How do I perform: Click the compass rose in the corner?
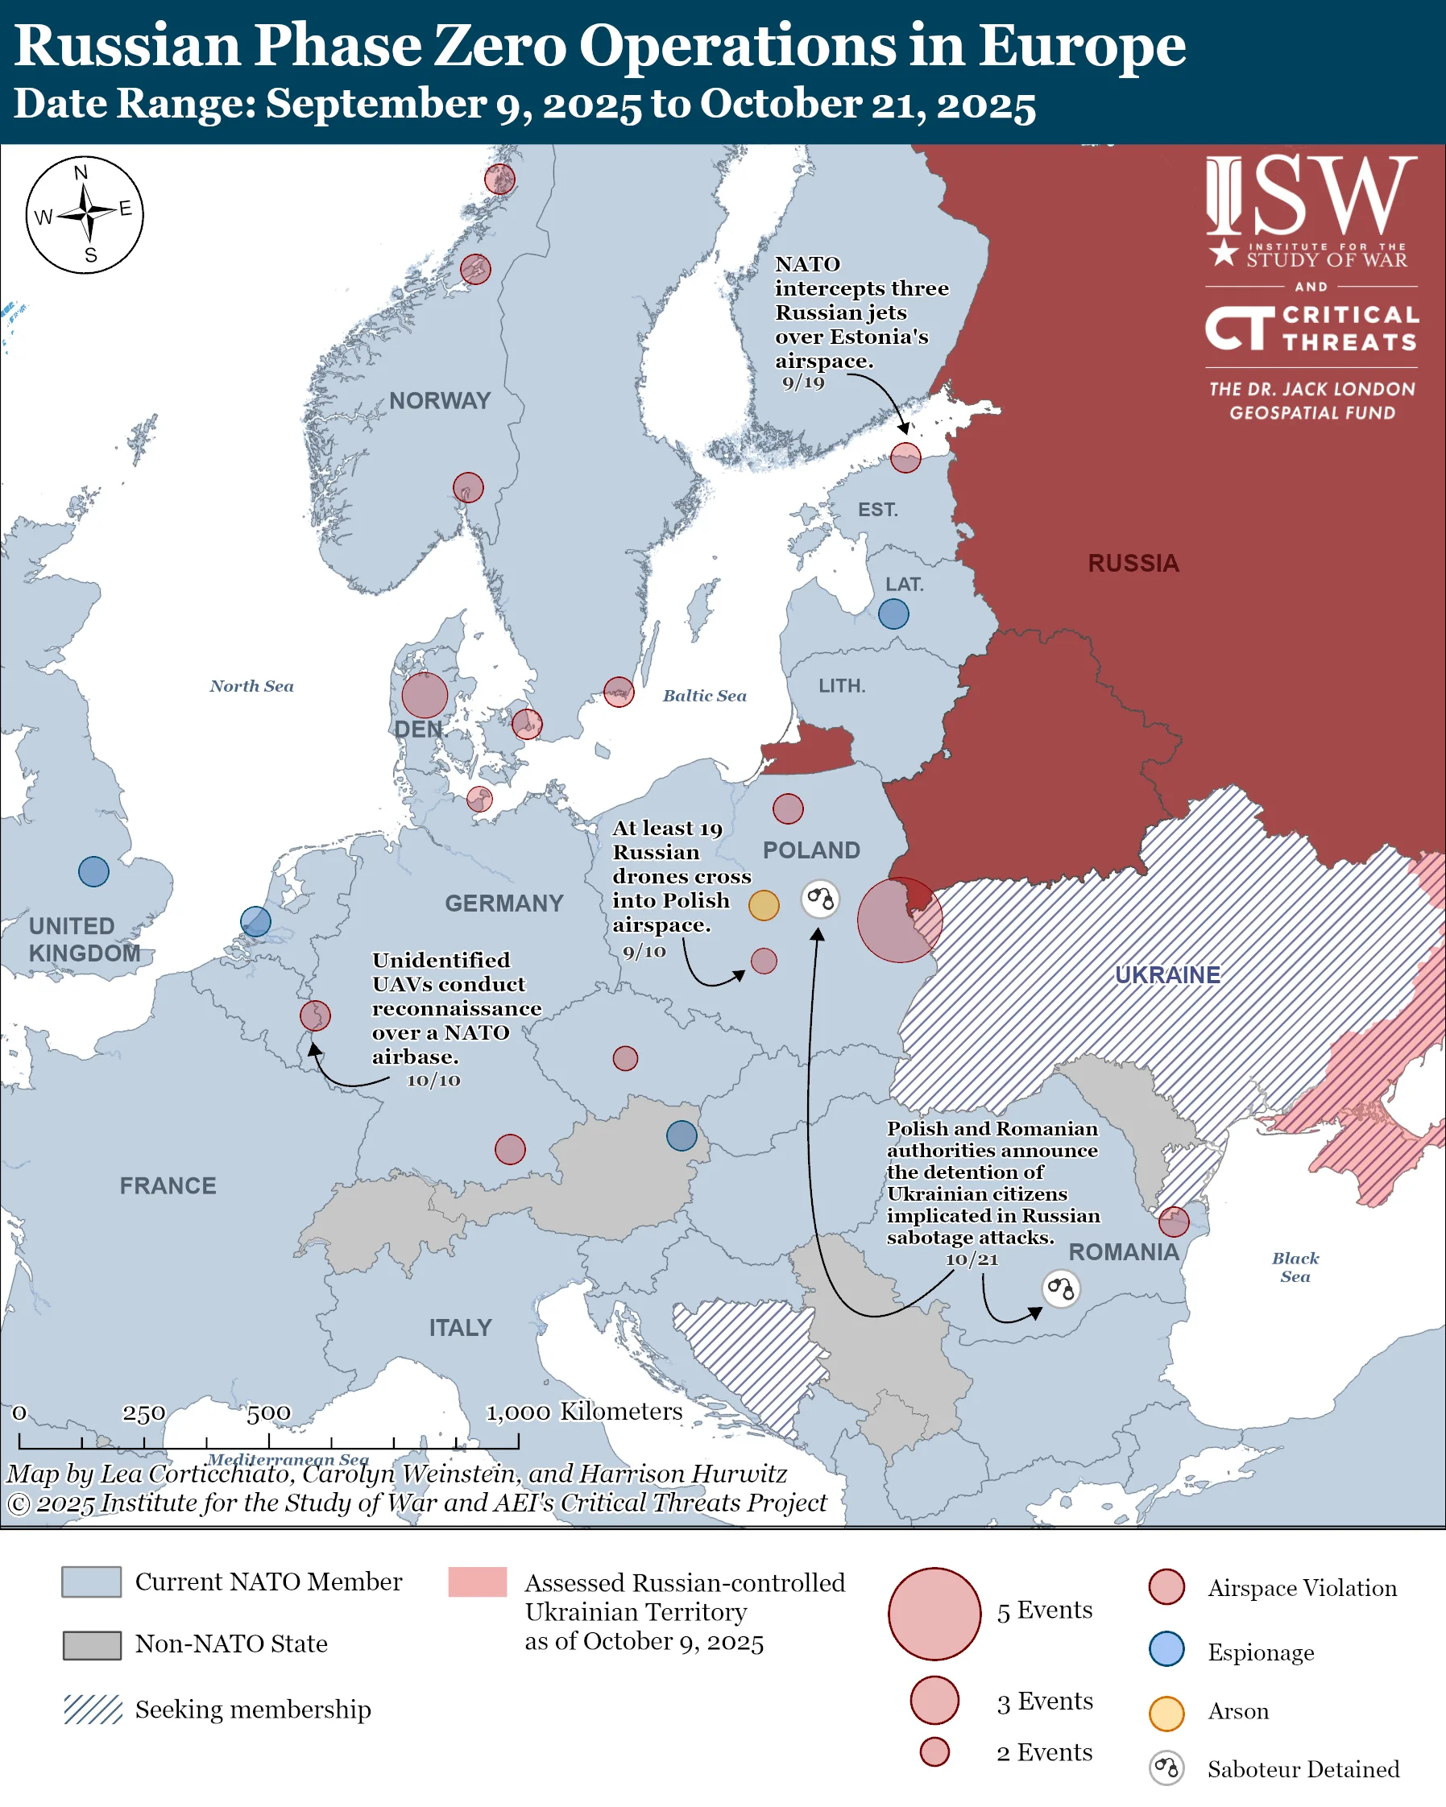(85, 214)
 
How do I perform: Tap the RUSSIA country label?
(1133, 563)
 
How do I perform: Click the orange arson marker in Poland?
(764, 905)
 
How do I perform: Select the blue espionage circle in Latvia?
(893, 614)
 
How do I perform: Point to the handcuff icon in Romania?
(1061, 1288)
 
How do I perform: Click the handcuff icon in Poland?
(821, 899)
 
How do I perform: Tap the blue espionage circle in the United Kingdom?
(93, 871)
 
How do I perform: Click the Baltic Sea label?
(704, 696)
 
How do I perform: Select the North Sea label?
(251, 686)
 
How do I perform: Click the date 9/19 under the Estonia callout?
(803, 383)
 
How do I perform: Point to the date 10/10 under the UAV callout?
(433, 1081)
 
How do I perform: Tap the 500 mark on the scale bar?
(268, 1413)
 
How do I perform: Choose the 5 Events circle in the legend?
(934, 1614)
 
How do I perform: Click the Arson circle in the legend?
(1166, 1713)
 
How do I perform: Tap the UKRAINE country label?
(1166, 974)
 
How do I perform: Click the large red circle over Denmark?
(425, 696)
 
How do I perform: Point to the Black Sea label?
(1295, 1267)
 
